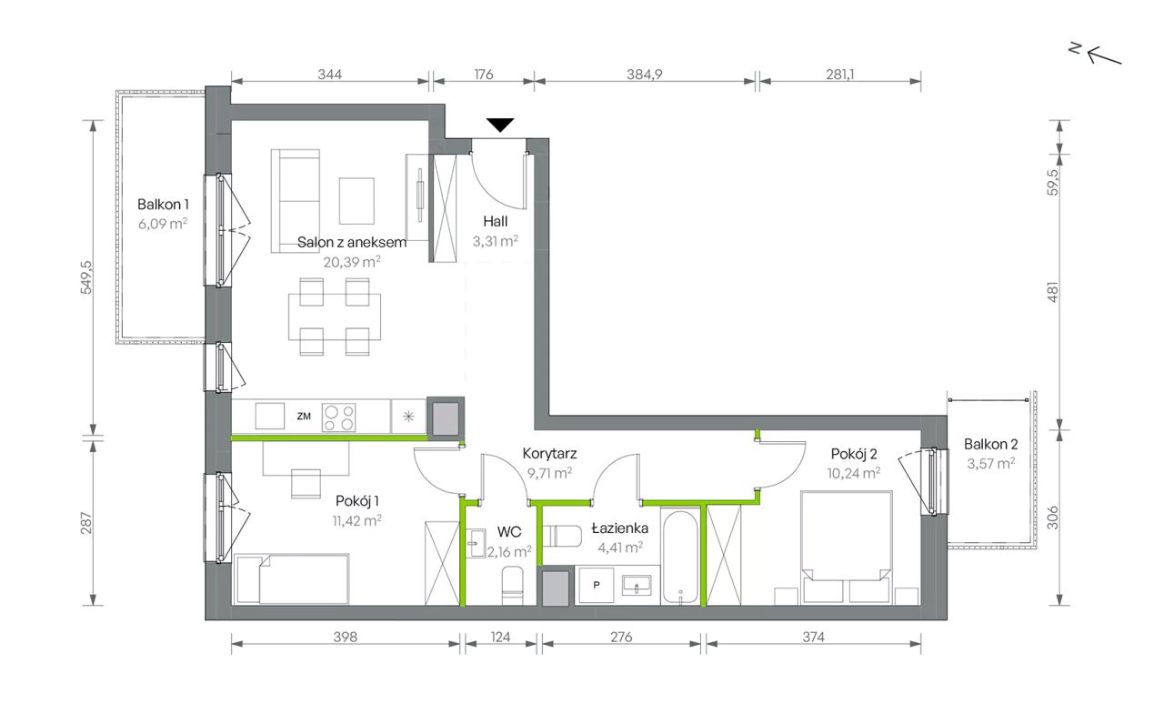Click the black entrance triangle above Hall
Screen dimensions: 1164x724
tap(500, 126)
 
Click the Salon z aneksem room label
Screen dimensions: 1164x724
tap(352, 242)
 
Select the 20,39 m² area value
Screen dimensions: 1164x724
tap(352, 262)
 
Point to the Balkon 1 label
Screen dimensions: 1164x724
tap(163, 205)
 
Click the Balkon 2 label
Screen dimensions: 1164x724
tap(990, 445)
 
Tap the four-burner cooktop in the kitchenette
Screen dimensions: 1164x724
tap(339, 417)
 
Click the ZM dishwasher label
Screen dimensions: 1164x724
tap(304, 417)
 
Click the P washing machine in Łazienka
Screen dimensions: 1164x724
tap(596, 586)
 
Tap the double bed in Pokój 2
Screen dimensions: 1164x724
tap(847, 548)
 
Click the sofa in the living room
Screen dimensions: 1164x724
tap(296, 201)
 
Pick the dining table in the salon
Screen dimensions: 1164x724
tap(335, 317)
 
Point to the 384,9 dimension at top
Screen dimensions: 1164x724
tap(645, 75)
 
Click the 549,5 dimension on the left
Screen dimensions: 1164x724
tap(86, 277)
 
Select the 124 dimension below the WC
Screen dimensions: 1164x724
tap(500, 637)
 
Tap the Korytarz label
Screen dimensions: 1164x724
tap(549, 454)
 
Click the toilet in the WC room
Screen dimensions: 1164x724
tap(513, 586)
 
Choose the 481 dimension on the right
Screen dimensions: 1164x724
tap(1052, 292)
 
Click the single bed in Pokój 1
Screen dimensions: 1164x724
tap(292, 579)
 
